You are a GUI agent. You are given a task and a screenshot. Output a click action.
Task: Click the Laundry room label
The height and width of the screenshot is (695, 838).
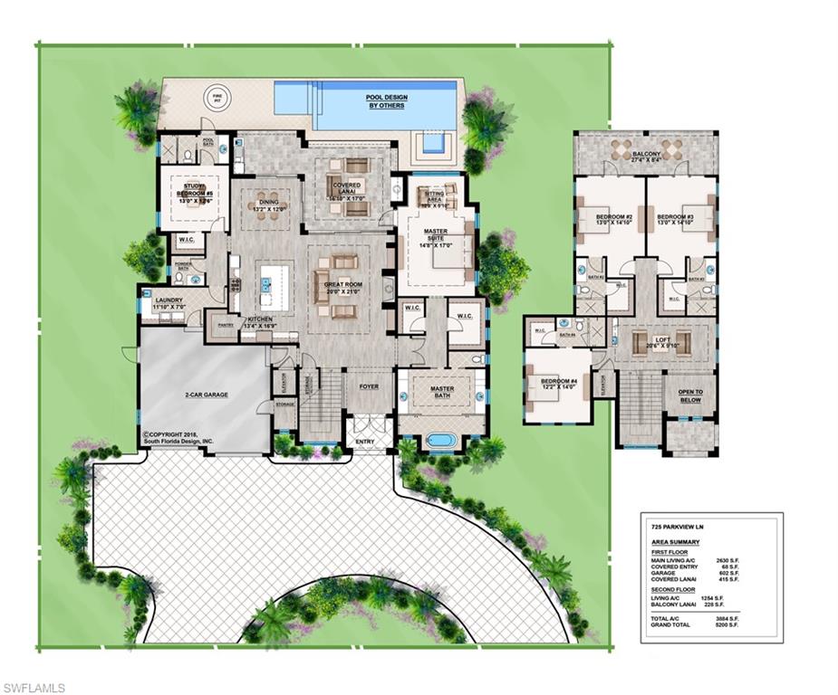point(169,300)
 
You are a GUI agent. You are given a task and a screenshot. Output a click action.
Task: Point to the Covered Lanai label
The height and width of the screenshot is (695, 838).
point(348,189)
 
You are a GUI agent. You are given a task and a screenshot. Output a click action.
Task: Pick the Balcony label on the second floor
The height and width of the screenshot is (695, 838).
point(645,156)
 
